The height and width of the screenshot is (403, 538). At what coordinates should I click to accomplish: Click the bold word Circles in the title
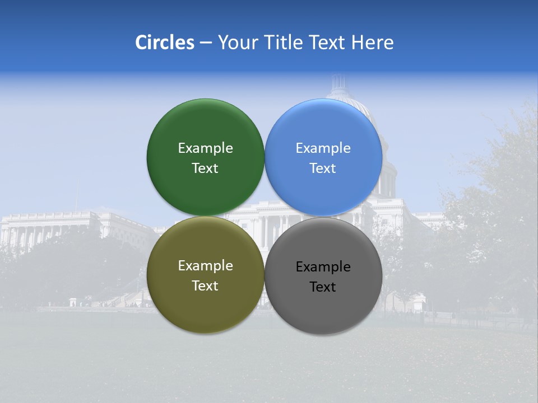tap(165, 43)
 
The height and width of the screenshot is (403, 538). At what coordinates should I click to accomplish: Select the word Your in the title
tap(238, 43)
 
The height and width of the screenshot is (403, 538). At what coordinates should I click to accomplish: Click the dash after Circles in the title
tap(206, 43)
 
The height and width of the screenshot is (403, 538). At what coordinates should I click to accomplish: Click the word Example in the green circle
tap(205, 148)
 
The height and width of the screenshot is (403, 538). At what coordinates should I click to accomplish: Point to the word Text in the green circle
tap(205, 168)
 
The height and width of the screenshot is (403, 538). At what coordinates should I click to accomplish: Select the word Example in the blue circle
tap(323, 148)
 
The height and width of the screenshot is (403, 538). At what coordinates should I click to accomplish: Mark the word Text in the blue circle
tap(323, 168)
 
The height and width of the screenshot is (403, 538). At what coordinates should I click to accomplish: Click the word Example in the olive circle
tap(205, 266)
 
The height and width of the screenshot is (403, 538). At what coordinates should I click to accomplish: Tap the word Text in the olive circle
tap(205, 286)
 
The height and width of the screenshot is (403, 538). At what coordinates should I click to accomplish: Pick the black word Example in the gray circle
tap(323, 267)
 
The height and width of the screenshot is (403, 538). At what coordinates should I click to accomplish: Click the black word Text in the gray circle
tap(323, 287)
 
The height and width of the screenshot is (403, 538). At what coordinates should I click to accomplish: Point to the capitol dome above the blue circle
tap(342, 90)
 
